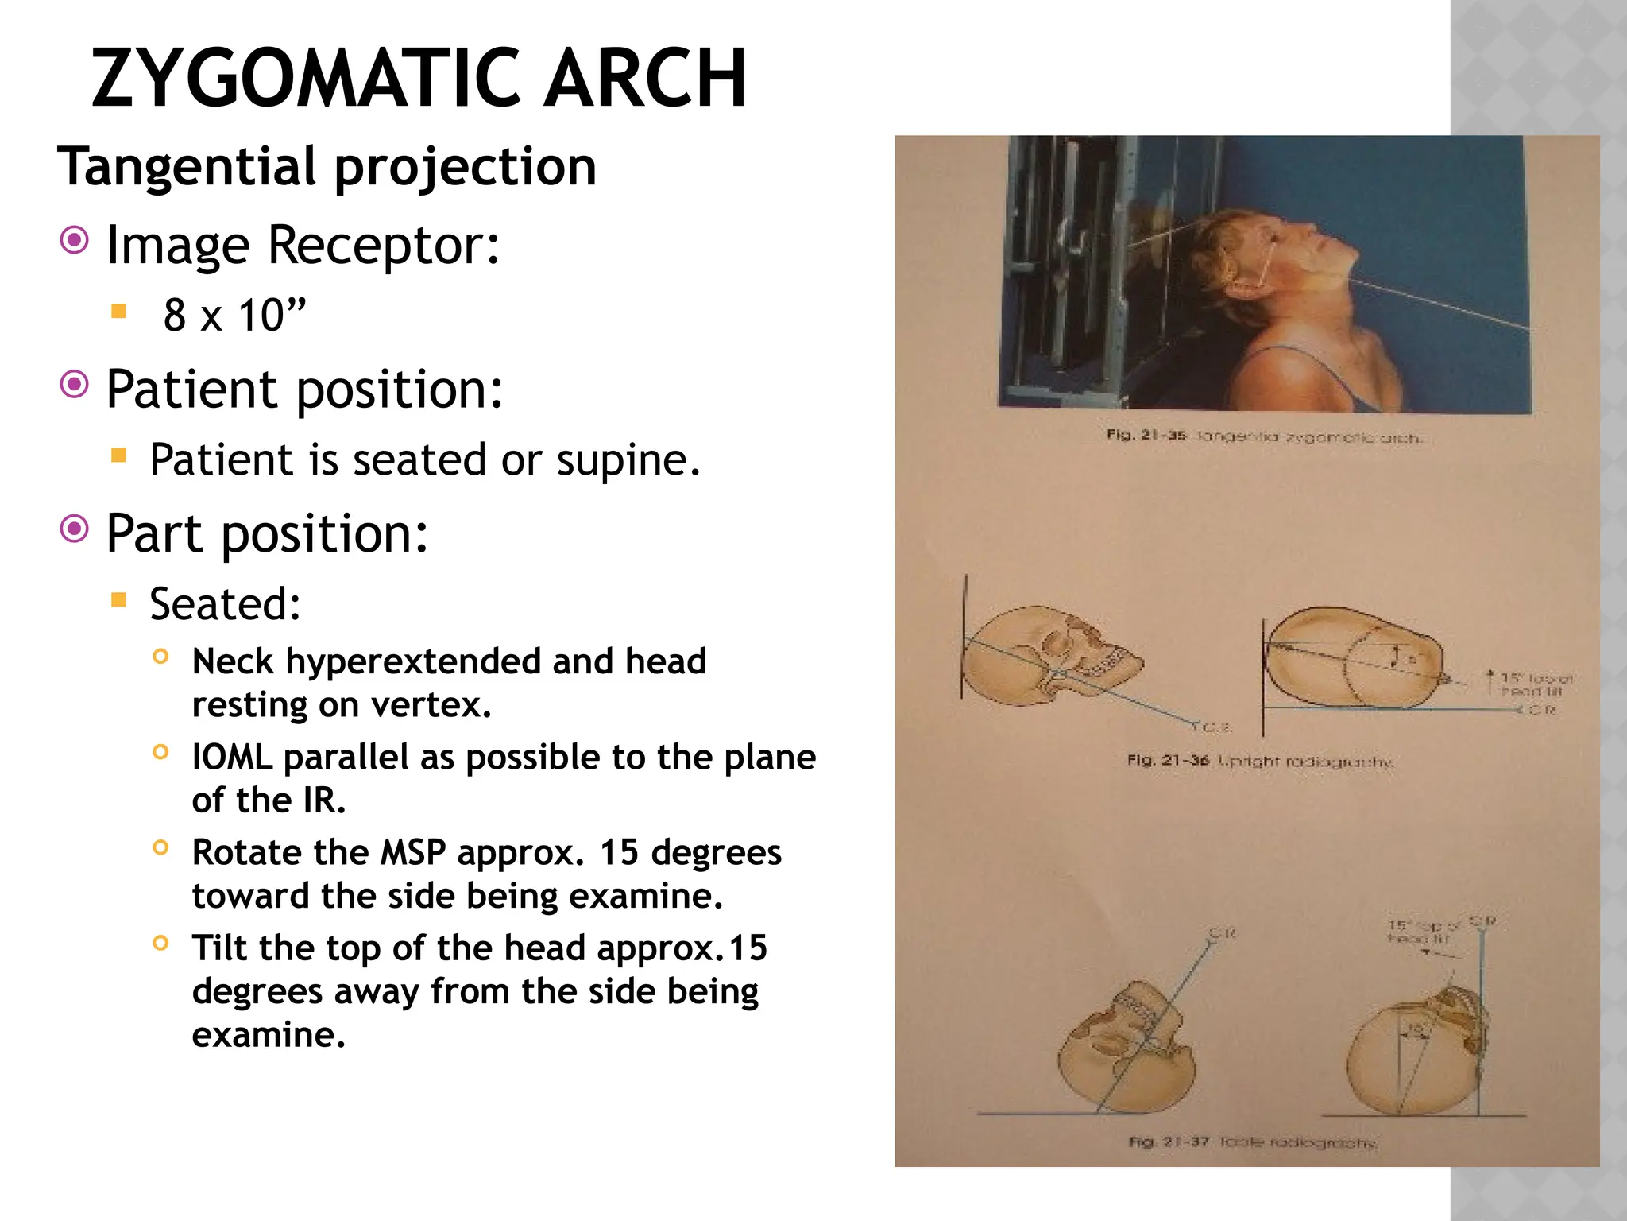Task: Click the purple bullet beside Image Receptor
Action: pos(75,240)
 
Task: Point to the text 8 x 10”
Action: pos(234,315)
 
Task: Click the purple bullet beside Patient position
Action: pos(75,385)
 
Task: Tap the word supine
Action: pos(628,460)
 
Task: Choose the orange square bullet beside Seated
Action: pos(119,599)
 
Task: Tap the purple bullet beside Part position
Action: pos(75,529)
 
